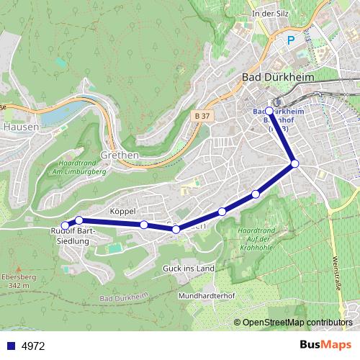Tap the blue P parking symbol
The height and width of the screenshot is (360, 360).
point(292,41)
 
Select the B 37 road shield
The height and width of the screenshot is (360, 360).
point(202,115)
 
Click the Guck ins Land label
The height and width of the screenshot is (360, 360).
point(190,269)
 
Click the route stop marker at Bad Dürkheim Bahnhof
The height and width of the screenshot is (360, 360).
point(269,112)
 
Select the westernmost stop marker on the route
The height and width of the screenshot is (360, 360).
point(65,226)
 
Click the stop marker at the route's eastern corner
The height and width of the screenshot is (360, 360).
point(294,164)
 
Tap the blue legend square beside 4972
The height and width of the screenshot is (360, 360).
point(10,346)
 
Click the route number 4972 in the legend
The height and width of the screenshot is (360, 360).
point(33,346)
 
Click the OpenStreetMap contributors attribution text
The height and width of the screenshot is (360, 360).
point(297,322)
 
